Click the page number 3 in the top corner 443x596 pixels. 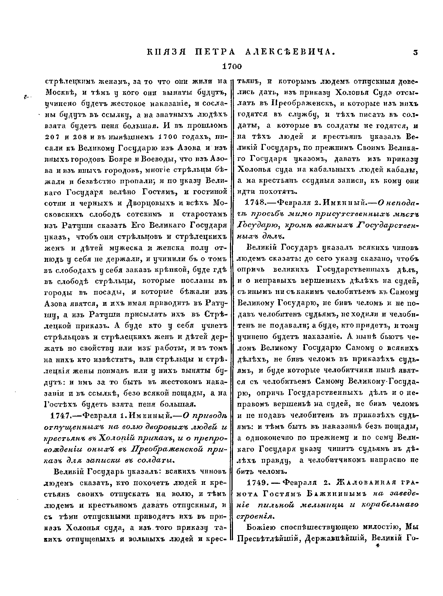tap(415, 52)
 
